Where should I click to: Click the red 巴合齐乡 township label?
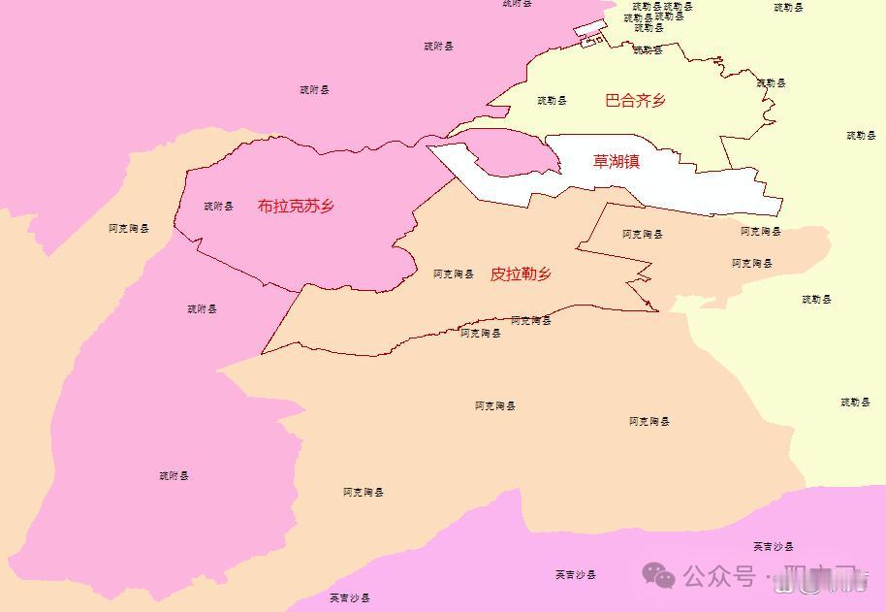635,100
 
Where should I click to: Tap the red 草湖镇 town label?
617,162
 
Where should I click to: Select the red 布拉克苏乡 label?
296,206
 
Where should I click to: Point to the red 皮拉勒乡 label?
521,274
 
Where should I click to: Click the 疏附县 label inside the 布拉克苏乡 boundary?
219,206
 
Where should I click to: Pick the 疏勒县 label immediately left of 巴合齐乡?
553,100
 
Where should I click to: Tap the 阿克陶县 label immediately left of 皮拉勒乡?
454,274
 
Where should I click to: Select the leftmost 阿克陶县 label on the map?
129,229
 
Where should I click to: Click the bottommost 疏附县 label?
174,476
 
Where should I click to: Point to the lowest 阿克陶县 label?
364,493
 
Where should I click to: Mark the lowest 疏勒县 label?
856,402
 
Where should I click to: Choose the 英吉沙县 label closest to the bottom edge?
350,597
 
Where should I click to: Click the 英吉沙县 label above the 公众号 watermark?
774,547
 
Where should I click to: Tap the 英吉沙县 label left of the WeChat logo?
576,574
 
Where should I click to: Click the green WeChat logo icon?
661,577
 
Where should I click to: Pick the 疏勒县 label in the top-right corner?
789,8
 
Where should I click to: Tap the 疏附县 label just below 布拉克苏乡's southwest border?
203,308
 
